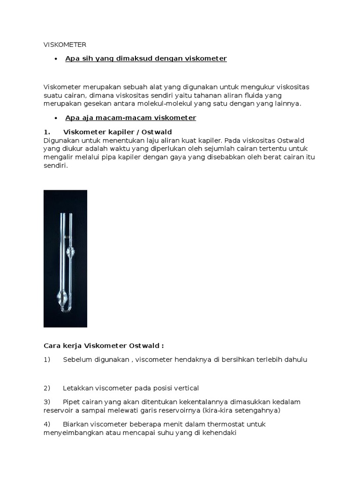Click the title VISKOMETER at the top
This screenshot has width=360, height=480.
[65, 45]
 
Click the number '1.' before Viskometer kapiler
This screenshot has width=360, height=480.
[47, 132]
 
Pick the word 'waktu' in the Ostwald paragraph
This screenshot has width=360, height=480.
[125, 149]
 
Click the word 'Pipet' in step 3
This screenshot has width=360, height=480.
[72, 402]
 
